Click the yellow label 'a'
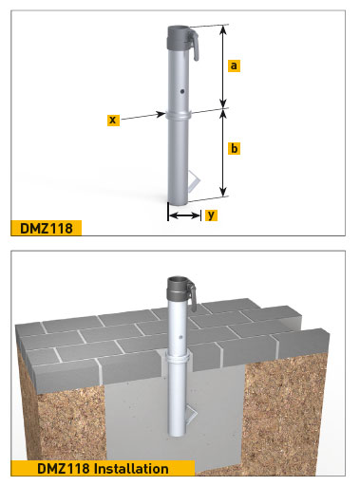(234, 65)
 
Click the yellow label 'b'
(234, 149)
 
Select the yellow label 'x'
(112, 120)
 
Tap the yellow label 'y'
(211, 215)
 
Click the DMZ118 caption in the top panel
(46, 227)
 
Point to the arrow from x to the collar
(142, 117)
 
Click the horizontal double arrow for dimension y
(183, 215)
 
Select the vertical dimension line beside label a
(222, 66)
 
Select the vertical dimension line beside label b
(222, 152)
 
